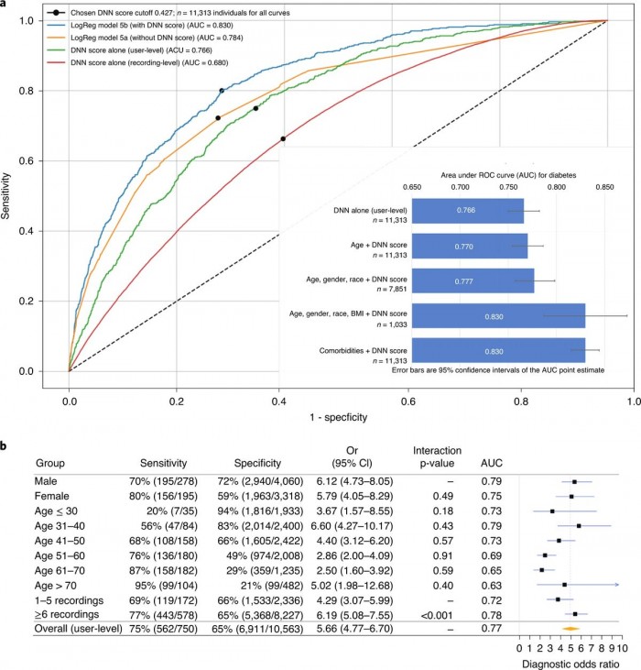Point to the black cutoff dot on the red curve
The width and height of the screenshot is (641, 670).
[x=283, y=138]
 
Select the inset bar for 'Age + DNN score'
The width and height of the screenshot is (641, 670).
[x=469, y=247]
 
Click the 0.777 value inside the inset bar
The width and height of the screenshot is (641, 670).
[x=472, y=281]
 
